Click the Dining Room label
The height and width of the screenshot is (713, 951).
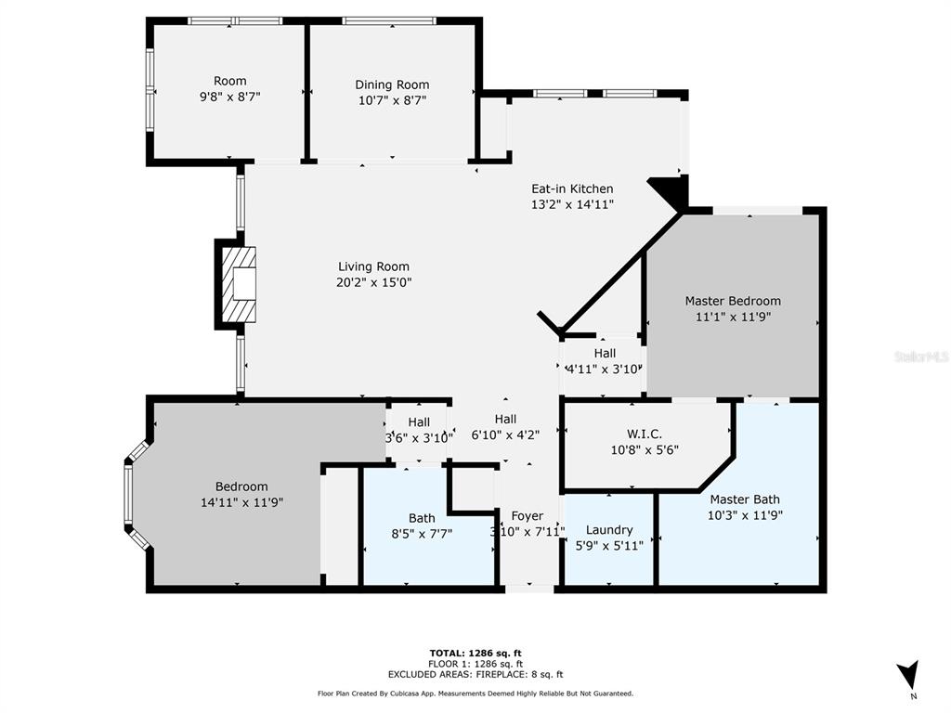(x=392, y=84)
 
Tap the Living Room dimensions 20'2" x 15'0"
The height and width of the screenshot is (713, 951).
(x=373, y=282)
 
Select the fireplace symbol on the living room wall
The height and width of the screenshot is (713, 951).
(x=238, y=284)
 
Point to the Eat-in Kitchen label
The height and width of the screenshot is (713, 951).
(x=572, y=188)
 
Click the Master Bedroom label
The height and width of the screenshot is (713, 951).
(x=733, y=301)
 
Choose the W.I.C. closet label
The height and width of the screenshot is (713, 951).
(x=645, y=434)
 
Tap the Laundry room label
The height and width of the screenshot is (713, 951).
(x=609, y=530)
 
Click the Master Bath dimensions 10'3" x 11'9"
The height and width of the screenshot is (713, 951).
(x=745, y=515)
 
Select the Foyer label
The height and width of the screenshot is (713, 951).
(x=528, y=516)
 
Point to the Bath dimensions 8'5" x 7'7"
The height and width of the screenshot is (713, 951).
(x=422, y=534)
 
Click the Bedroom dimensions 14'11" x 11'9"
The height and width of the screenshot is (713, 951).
(x=242, y=502)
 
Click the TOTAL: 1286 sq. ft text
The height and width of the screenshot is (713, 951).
(x=475, y=653)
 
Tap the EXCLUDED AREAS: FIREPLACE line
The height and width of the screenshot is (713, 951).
(x=475, y=674)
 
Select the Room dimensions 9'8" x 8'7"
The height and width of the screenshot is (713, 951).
(x=230, y=97)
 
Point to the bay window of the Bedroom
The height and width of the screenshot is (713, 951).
(x=136, y=495)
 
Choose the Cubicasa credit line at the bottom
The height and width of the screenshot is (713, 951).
(x=475, y=694)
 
